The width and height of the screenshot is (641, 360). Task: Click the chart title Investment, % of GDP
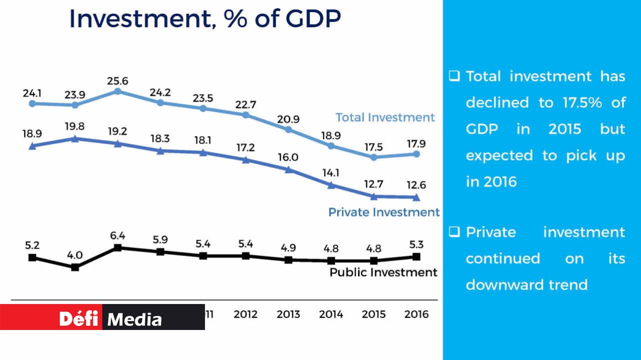pyautogui.click(x=205, y=18)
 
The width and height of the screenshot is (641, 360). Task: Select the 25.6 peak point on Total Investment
pyautogui.click(x=117, y=91)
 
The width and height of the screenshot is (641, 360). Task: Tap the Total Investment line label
pyautogui.click(x=385, y=117)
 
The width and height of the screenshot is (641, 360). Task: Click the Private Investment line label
pyautogui.click(x=383, y=212)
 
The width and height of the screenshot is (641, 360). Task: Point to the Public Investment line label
pyautogui.click(x=383, y=272)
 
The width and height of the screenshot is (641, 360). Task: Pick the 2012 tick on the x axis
pyautogui.click(x=245, y=314)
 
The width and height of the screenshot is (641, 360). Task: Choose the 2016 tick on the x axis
pyautogui.click(x=416, y=314)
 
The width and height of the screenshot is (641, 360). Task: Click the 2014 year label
pyautogui.click(x=331, y=314)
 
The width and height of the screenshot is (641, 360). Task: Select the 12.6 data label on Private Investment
pyautogui.click(x=416, y=184)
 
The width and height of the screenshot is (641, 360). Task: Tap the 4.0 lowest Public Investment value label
pyautogui.click(x=75, y=254)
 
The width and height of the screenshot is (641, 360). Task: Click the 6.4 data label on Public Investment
pyautogui.click(x=117, y=235)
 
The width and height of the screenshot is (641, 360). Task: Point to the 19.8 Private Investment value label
pyautogui.click(x=75, y=126)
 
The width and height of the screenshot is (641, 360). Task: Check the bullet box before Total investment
pyautogui.click(x=454, y=76)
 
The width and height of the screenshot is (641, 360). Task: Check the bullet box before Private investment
pyautogui.click(x=454, y=232)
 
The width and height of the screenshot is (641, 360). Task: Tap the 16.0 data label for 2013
pyautogui.click(x=288, y=157)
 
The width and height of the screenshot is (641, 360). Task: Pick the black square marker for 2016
pyautogui.click(x=416, y=256)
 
